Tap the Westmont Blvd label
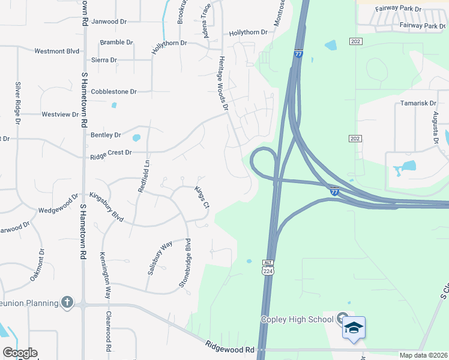tap(57, 52)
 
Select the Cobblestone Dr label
tap(114, 92)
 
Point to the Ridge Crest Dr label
tap(110, 153)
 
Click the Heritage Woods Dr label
tap(223, 84)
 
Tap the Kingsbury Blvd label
tap(106, 207)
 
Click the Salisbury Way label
tap(160, 257)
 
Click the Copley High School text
tap(297, 319)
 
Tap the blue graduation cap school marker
tap(354, 328)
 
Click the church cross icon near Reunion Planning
tap(67, 302)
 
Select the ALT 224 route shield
tap(268, 267)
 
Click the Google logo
tap(20, 353)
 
